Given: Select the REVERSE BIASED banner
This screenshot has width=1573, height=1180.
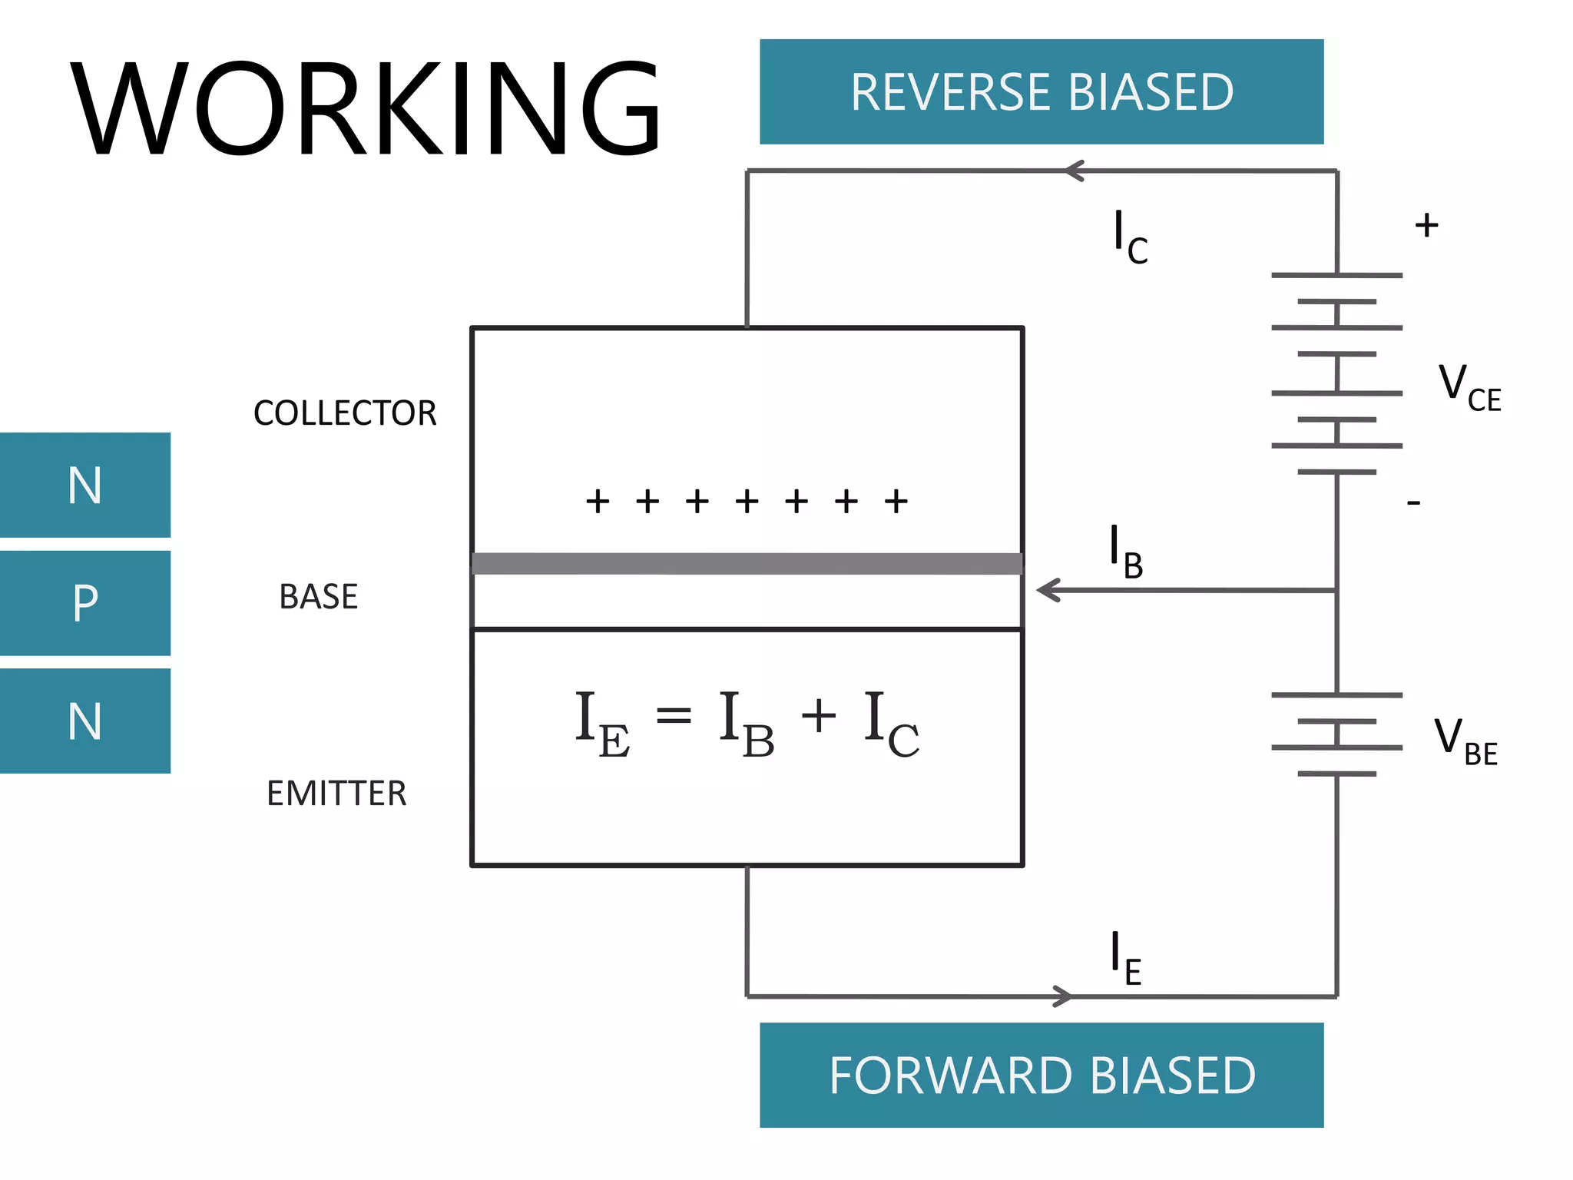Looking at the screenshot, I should [1041, 92].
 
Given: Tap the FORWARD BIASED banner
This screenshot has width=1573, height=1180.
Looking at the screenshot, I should [1041, 1075].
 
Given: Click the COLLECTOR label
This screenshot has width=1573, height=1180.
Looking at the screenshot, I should [345, 413].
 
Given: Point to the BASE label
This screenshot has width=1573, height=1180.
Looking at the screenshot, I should [318, 597].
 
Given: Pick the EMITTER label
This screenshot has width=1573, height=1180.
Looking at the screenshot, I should [336, 794].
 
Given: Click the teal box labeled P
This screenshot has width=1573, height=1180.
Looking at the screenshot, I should [84, 603].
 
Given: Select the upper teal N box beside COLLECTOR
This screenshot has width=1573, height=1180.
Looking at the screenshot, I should [84, 485].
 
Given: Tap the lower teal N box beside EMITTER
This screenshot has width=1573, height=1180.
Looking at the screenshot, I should [84, 721].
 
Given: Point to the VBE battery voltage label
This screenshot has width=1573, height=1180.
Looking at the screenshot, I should [1465, 741].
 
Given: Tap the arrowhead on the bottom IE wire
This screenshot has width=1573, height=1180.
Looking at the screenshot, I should [1063, 996].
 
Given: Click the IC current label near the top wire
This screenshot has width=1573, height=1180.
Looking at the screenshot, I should [1130, 237].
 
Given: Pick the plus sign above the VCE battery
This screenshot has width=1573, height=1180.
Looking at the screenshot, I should [1426, 225].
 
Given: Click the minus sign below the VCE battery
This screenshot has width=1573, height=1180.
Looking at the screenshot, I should [1413, 503].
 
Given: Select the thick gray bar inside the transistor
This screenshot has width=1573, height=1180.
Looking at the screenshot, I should [747, 563].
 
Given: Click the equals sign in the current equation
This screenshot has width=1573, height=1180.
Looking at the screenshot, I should [674, 716].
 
